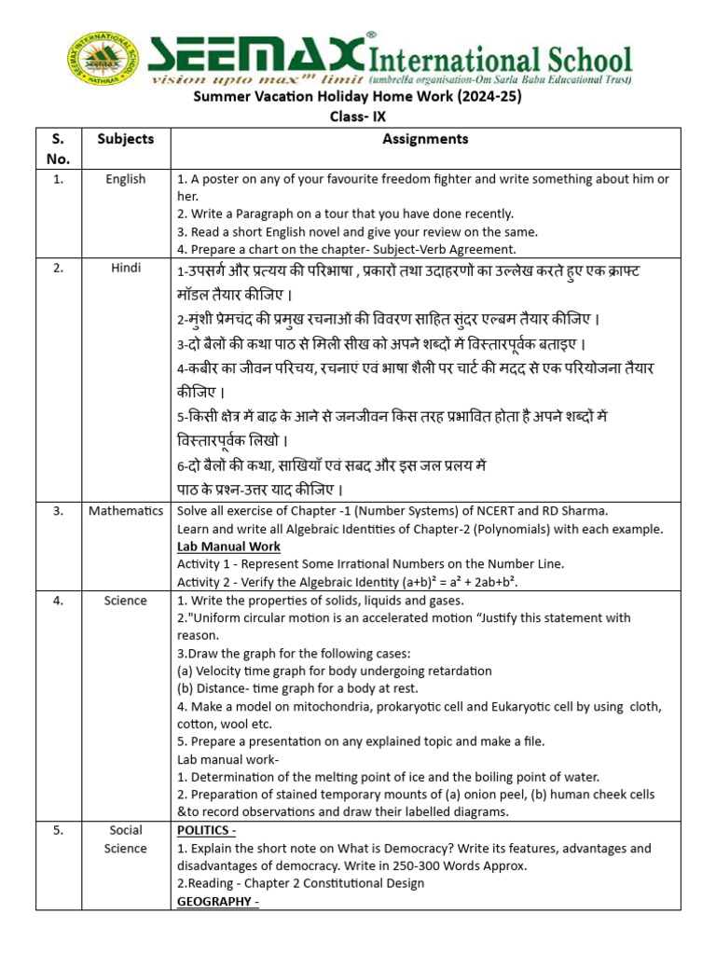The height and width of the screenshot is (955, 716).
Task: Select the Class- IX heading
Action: coord(357,117)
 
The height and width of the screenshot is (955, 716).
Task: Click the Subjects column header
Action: coord(125,139)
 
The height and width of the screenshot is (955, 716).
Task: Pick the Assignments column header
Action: coord(425,139)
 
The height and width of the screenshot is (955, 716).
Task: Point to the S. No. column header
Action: coord(58,148)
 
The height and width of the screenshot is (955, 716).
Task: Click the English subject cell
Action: coord(125,179)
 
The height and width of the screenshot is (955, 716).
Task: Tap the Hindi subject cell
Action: coord(125,269)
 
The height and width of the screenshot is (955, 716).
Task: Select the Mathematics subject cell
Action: coord(126,511)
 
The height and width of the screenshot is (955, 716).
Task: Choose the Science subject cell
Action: coord(125,601)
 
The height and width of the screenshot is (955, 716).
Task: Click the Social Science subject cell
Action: coord(125,839)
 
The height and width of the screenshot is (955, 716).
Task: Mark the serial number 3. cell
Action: coord(58,511)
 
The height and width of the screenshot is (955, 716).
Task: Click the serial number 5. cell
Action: coord(58,830)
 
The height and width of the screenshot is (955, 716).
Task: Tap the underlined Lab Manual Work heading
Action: coord(228,547)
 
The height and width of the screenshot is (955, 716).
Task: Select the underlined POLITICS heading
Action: coord(206,830)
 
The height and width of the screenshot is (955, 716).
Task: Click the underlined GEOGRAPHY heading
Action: coord(217,902)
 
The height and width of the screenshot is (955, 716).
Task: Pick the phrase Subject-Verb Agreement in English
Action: coord(431,250)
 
